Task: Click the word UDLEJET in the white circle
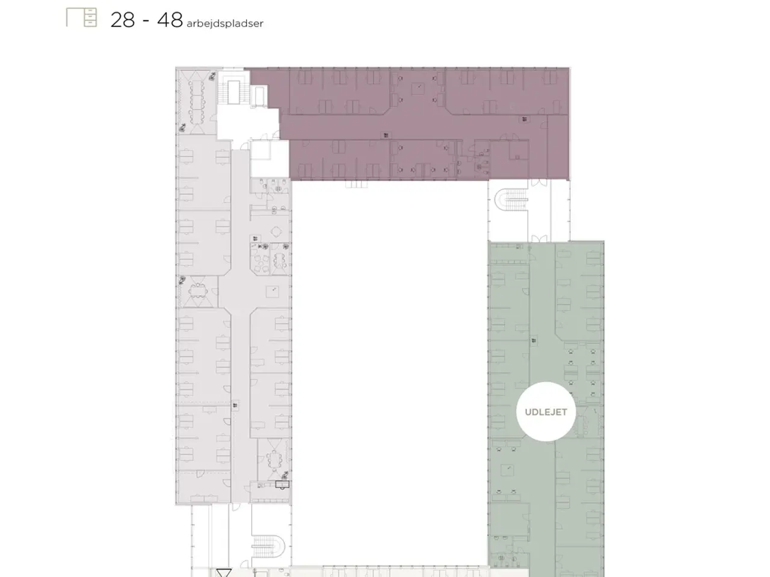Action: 546,412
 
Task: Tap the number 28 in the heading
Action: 123,20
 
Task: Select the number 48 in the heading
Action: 170,20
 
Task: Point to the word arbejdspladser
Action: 225,23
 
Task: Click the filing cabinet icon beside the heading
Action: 81,17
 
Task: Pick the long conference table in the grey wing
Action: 197,102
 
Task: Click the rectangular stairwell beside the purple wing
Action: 233,92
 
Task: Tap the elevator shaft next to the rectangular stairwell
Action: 259,96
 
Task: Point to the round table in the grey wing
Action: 277,231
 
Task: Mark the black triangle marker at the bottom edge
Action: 223,572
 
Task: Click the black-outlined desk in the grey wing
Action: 282,484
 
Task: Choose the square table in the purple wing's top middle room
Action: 418,88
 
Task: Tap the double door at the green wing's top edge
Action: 539,238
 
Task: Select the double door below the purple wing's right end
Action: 539,183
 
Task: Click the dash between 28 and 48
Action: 146,21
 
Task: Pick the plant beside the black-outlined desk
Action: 285,475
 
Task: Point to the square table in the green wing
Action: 508,469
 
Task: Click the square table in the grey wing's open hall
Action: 273,292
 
